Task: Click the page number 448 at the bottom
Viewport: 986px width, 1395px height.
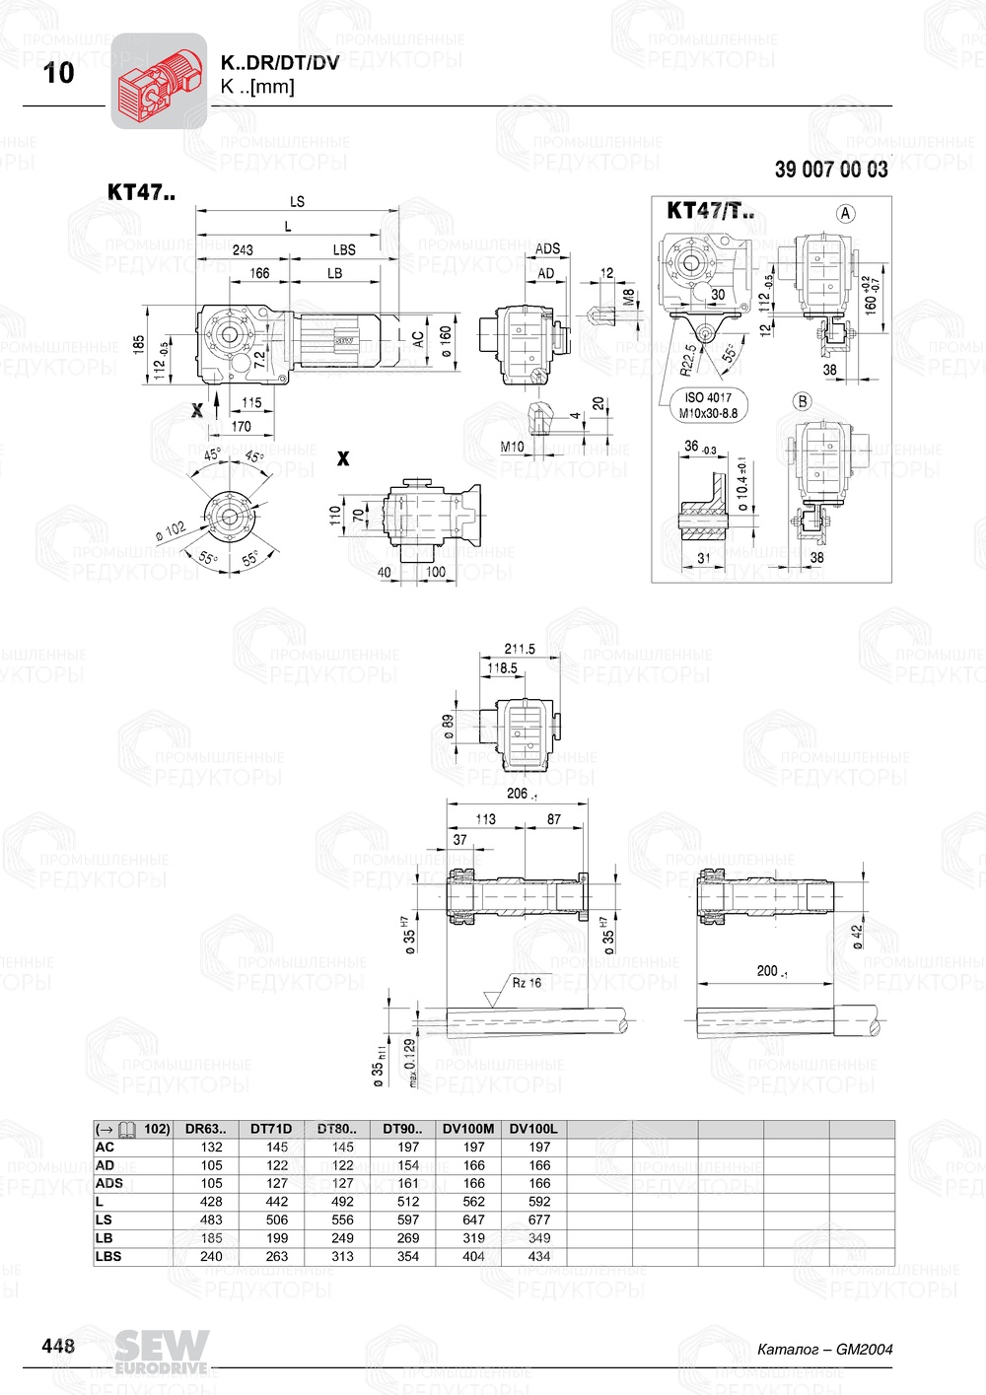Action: coord(58,1346)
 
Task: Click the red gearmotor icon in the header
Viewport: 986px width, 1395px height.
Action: coord(159,81)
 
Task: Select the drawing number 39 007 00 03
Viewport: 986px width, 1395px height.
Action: coord(830,170)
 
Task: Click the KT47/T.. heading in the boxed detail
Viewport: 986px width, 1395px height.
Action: coord(710,210)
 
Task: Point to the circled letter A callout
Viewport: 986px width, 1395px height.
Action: coord(845,213)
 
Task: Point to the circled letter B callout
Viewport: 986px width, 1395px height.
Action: coord(802,401)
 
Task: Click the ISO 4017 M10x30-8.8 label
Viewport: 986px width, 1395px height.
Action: coord(707,405)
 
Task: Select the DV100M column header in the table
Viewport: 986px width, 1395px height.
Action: coord(468,1129)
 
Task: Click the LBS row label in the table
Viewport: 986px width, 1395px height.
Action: coord(108,1256)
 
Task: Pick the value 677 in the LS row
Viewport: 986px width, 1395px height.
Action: coord(539,1220)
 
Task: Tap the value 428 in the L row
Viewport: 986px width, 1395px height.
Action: coord(211,1202)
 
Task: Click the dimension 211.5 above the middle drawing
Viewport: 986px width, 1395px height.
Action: coord(520,649)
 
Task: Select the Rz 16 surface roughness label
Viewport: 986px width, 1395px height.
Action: coord(527,983)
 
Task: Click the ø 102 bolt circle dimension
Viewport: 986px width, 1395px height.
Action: coord(171,531)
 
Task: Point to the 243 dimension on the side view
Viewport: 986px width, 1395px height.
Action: coord(243,250)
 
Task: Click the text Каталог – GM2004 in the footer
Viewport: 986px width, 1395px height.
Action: coord(824,1349)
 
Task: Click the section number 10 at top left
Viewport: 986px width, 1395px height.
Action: coord(59,73)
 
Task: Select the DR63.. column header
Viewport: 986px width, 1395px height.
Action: coord(205,1129)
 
